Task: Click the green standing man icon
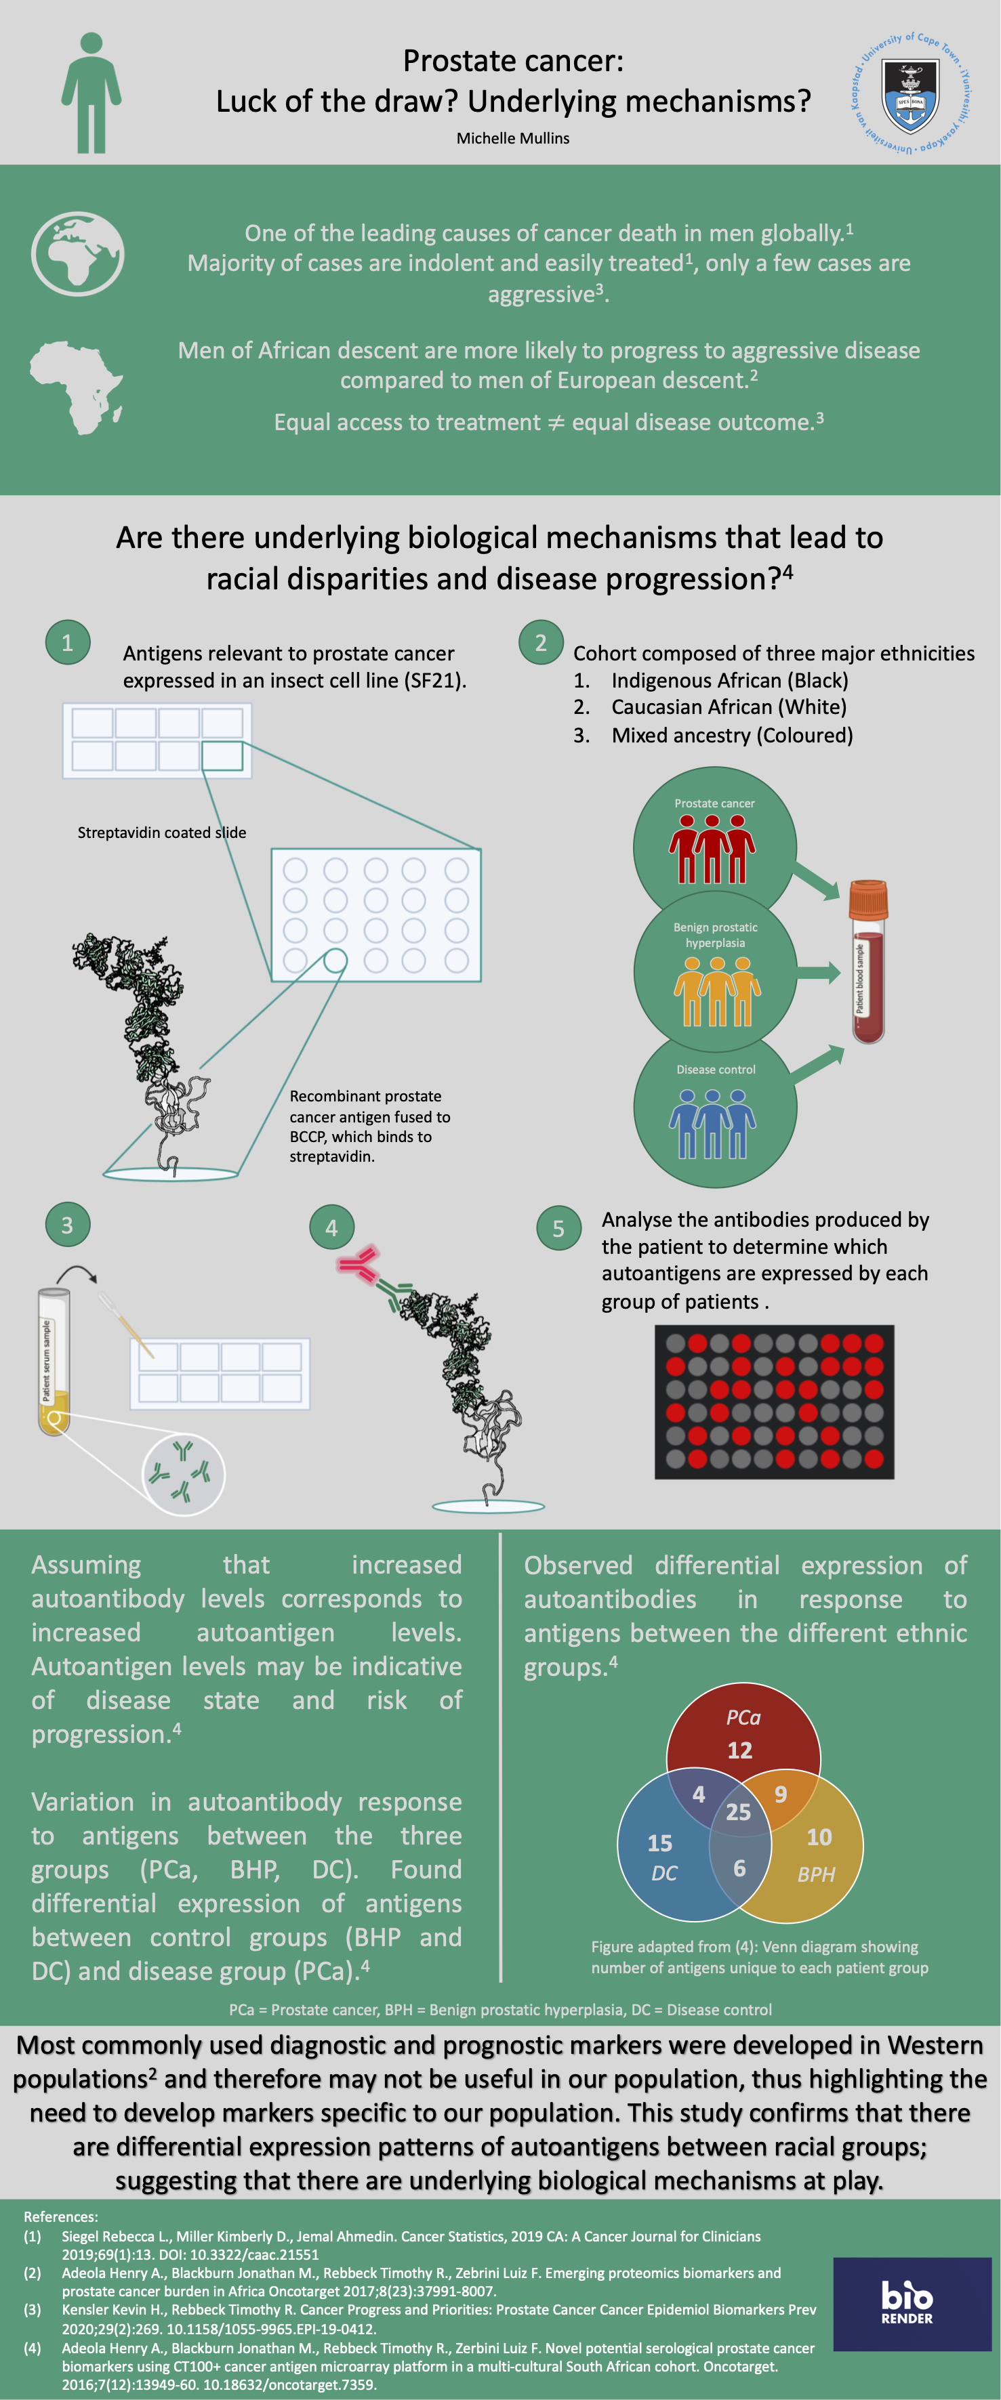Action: pos(91,93)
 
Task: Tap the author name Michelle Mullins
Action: pos(512,138)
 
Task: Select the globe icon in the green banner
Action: pos(77,253)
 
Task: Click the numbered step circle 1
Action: pos(67,642)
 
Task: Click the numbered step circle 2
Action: pos(541,642)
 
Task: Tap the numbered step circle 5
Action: pos(558,1228)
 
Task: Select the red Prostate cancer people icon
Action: pos(712,849)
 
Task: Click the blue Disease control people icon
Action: pos(713,1124)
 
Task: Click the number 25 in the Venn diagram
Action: pos(738,1811)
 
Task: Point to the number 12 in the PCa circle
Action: pos(740,1750)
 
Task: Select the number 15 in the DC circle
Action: pos(660,1843)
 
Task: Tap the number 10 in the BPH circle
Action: pos(818,1836)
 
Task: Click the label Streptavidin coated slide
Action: pos(161,832)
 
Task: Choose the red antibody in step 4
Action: pos(358,1264)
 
